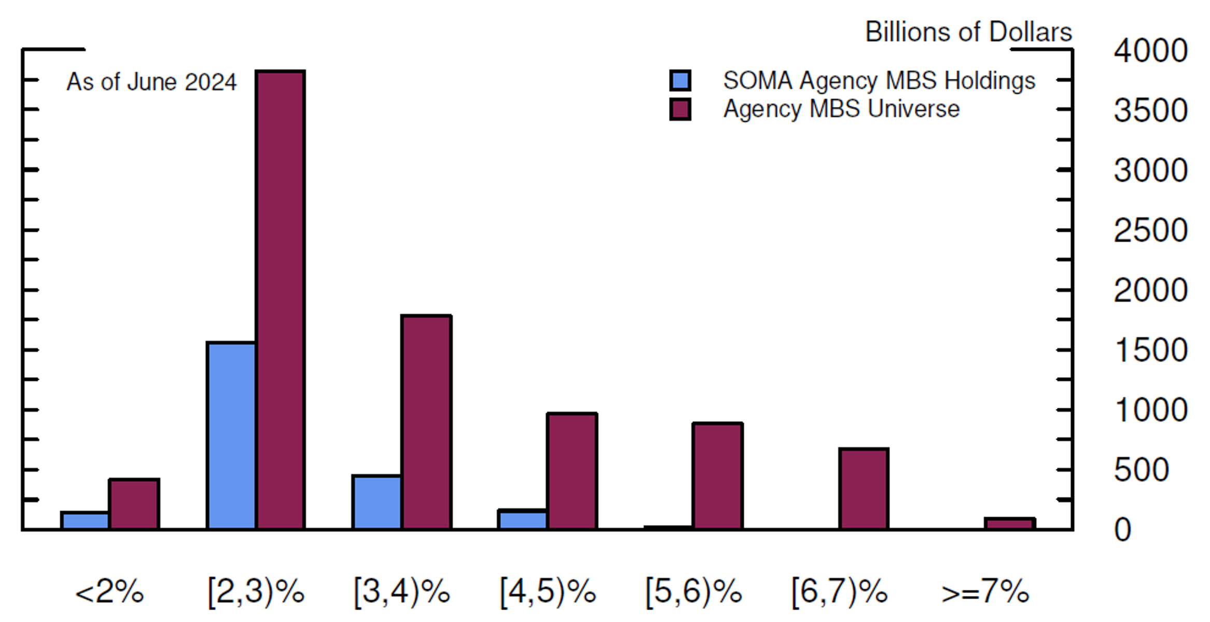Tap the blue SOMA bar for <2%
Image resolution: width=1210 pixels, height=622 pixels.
[x=85, y=520]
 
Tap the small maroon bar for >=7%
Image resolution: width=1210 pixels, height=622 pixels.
[x=1010, y=523]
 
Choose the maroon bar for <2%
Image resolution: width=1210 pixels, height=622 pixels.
[x=134, y=504]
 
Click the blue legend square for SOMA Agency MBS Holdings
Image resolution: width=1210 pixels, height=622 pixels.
[x=680, y=80]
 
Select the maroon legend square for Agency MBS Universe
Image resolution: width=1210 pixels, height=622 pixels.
[x=680, y=109]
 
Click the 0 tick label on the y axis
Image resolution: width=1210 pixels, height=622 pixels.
[x=1123, y=530]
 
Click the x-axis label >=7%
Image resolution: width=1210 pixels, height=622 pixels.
[x=985, y=591]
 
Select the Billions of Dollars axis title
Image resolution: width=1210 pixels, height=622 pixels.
[x=968, y=32]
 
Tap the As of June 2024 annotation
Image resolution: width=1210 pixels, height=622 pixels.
[x=151, y=82]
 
